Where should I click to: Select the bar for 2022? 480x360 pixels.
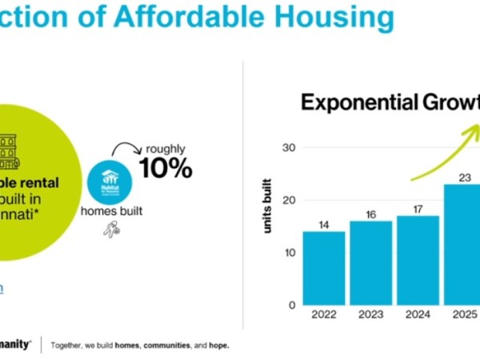pyautogui.click(x=324, y=268)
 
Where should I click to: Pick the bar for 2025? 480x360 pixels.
pyautogui.click(x=462, y=244)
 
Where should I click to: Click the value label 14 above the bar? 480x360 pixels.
pyautogui.click(x=324, y=225)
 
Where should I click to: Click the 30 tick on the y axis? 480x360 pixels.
pyautogui.click(x=290, y=148)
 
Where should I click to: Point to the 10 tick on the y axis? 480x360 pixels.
pyautogui.click(x=290, y=253)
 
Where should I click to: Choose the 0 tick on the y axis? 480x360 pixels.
pyautogui.click(x=292, y=305)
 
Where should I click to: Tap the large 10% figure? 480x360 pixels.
pyautogui.click(x=166, y=167)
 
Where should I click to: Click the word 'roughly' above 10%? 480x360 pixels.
pyautogui.click(x=165, y=148)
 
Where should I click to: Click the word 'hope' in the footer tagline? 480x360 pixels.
pyautogui.click(x=218, y=346)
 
